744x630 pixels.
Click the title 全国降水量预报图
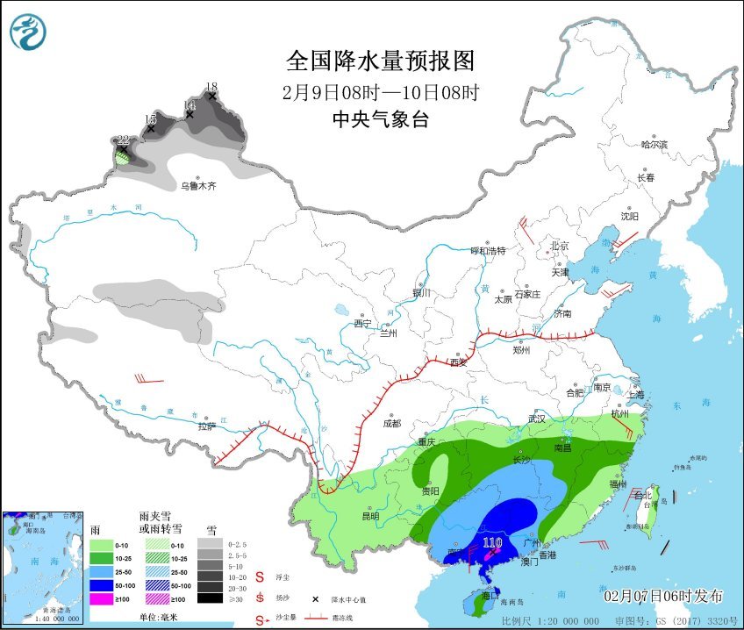[380, 61]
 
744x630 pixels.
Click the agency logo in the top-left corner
[27, 32]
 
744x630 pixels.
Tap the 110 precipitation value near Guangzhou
[492, 543]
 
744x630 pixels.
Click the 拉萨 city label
[206, 426]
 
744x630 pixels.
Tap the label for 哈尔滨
[654, 144]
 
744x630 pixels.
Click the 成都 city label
[391, 424]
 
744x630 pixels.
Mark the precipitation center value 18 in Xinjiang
[211, 87]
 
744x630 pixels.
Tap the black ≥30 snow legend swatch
[209, 598]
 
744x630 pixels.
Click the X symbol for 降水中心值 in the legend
[315, 599]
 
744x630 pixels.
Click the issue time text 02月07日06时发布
[663, 597]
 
